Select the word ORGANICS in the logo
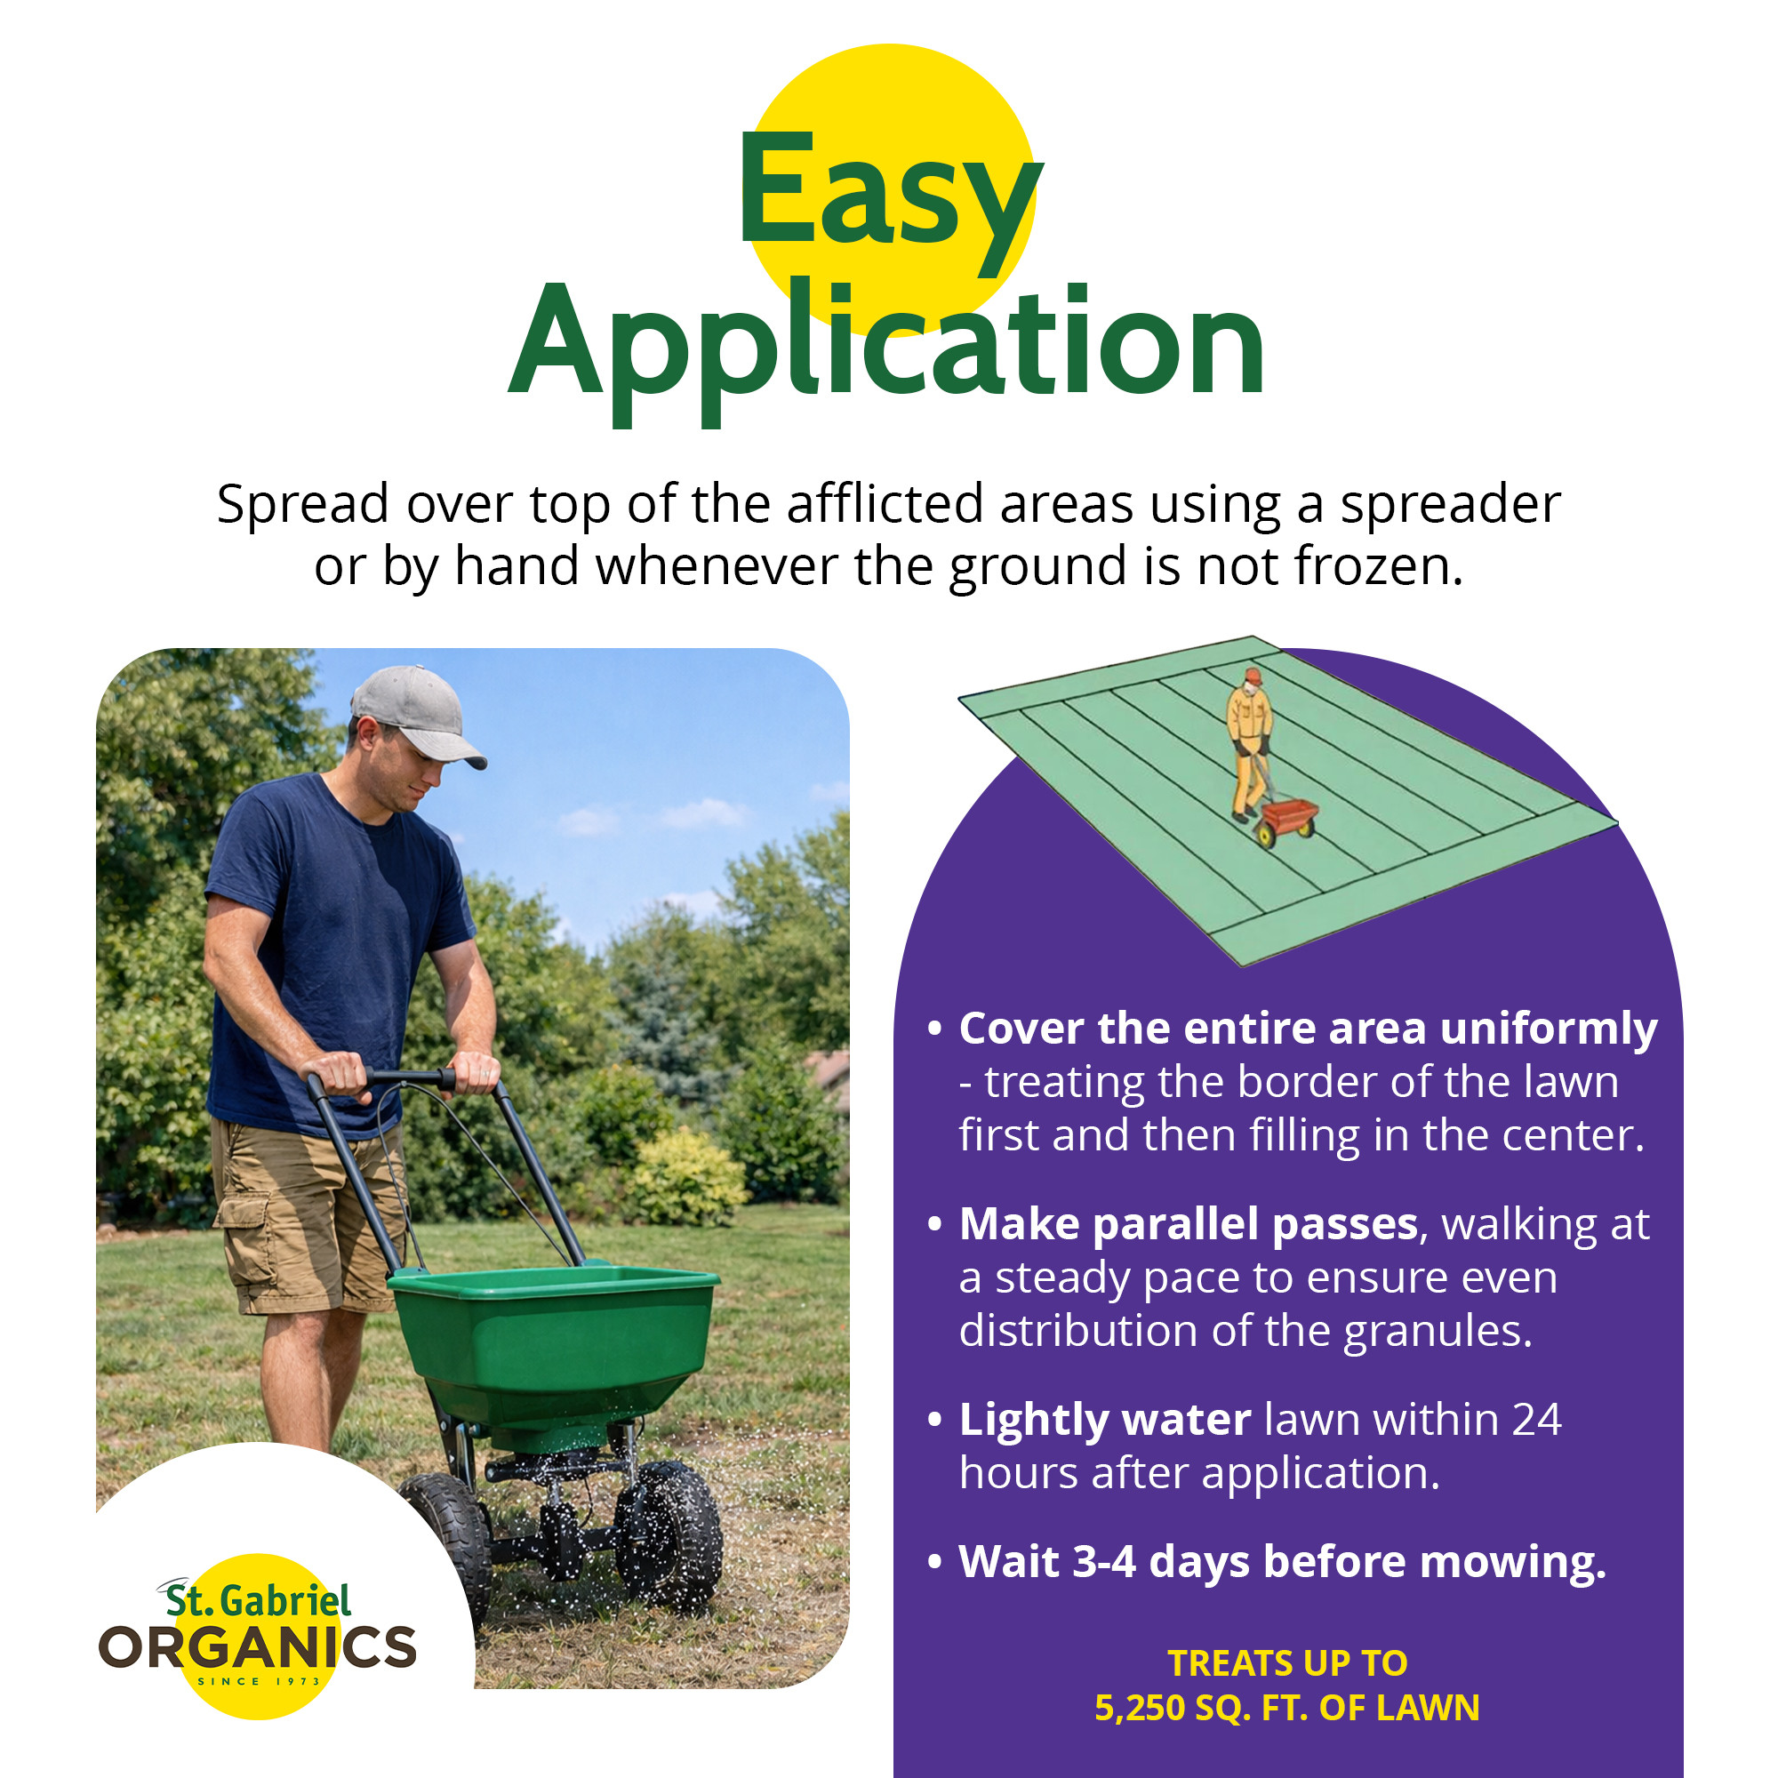(x=257, y=1648)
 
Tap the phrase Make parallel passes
(x=1188, y=1225)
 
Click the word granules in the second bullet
(x=1438, y=1333)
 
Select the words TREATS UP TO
(x=1287, y=1664)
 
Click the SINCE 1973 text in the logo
(x=259, y=1681)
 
